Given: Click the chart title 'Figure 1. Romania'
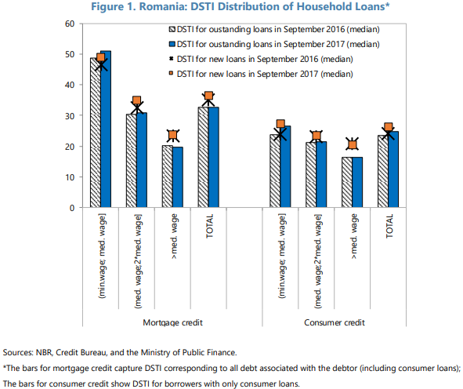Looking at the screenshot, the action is pyautogui.click(x=139, y=6).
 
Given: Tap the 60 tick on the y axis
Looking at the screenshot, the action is pyautogui.click(x=70, y=24).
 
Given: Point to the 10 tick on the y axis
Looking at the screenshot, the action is pyautogui.click(x=70, y=177).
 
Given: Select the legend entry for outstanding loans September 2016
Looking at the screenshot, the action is pyautogui.click(x=274, y=30).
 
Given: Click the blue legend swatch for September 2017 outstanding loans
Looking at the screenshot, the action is pyautogui.click(x=172, y=45).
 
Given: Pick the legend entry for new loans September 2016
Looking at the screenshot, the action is pyautogui.click(x=262, y=59).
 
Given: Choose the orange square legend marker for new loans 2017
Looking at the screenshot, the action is pyautogui.click(x=172, y=73).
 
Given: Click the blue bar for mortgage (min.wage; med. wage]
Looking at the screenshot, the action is pyautogui.click(x=106, y=129).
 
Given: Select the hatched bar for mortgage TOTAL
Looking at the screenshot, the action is pyautogui.click(x=204, y=157).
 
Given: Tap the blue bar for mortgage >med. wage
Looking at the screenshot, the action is pyautogui.click(x=178, y=177).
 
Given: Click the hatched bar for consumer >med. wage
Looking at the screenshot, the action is pyautogui.click(x=347, y=182).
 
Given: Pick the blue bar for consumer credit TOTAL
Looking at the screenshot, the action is pyautogui.click(x=393, y=169).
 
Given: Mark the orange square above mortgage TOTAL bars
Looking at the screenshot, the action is pyautogui.click(x=208, y=96).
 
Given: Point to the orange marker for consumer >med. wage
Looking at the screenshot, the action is pyautogui.click(x=353, y=145).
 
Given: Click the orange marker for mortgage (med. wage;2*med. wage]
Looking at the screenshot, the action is pyautogui.click(x=137, y=100).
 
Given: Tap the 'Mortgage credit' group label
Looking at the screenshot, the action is pyautogui.click(x=172, y=322).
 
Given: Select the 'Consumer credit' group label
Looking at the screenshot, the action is pyautogui.click(x=335, y=322).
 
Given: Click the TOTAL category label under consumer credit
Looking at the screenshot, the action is pyautogui.click(x=389, y=226).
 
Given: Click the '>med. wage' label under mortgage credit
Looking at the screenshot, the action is pyautogui.click(x=174, y=237).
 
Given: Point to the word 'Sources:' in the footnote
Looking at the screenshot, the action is pyautogui.click(x=18, y=352).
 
